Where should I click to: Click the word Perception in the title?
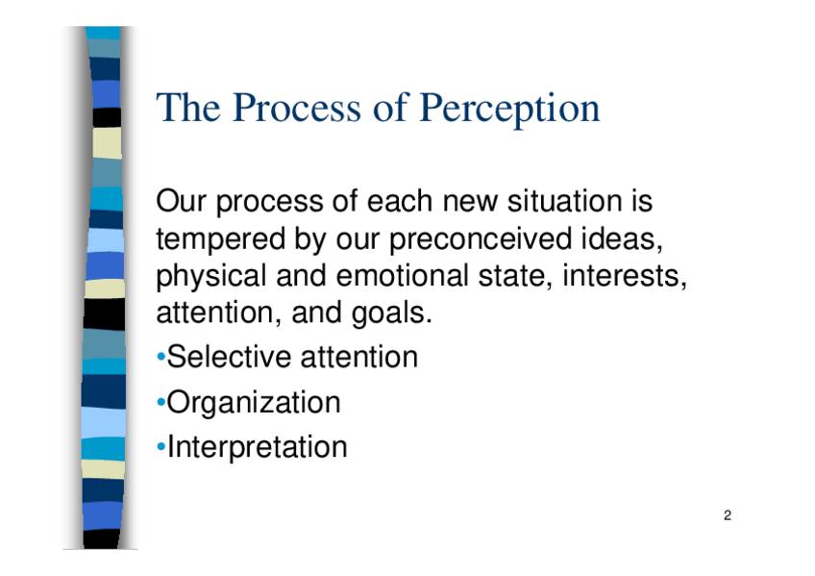509,109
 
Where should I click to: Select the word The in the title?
188,108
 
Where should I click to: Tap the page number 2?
728,515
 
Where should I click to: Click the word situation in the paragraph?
564,201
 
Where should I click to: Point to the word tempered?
220,239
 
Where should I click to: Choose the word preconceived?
480,239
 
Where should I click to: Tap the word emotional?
403,276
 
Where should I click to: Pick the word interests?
625,277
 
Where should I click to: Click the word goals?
392,313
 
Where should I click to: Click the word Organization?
254,403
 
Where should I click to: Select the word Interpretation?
258,447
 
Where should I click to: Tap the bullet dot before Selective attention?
161,357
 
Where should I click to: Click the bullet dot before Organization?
161,402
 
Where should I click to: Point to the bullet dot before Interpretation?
161,446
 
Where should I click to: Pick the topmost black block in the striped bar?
107,117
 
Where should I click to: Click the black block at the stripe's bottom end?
101,538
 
